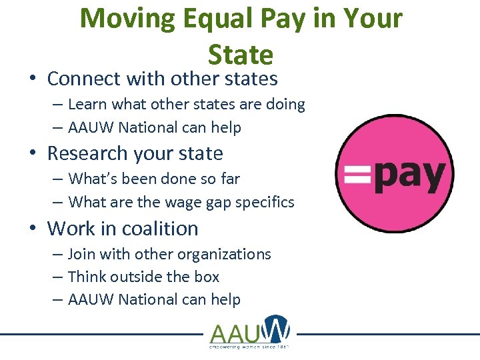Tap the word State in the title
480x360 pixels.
click(x=241, y=54)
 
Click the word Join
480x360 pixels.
click(x=81, y=254)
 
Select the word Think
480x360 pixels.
click(x=87, y=277)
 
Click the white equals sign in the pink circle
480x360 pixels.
click(x=357, y=175)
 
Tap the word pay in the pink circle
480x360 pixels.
click(x=408, y=177)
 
